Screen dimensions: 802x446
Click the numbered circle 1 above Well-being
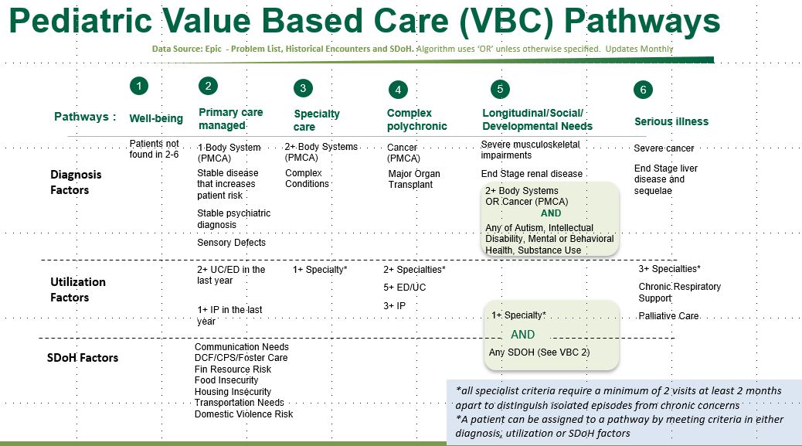138,86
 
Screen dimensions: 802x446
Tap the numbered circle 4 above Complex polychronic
398,90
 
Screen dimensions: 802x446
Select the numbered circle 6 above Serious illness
643,90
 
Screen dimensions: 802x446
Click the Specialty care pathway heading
316,120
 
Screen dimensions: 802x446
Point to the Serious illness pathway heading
671,121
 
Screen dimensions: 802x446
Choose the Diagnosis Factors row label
76,182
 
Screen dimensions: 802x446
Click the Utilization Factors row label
78,290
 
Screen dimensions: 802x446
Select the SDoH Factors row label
83,358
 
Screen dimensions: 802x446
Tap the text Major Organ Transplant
414,179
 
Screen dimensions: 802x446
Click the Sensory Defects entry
231,243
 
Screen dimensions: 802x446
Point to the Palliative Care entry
668,316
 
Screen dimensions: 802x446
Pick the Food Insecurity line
226,380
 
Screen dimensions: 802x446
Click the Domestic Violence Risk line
243,414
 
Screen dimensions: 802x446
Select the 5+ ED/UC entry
405,288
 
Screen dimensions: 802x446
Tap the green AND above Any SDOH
523,335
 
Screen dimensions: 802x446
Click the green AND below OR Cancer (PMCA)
551,213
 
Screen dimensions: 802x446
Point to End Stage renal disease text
532,174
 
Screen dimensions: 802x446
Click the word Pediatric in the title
80,22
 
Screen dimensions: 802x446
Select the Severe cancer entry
664,148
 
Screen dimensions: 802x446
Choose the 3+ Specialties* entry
670,269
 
